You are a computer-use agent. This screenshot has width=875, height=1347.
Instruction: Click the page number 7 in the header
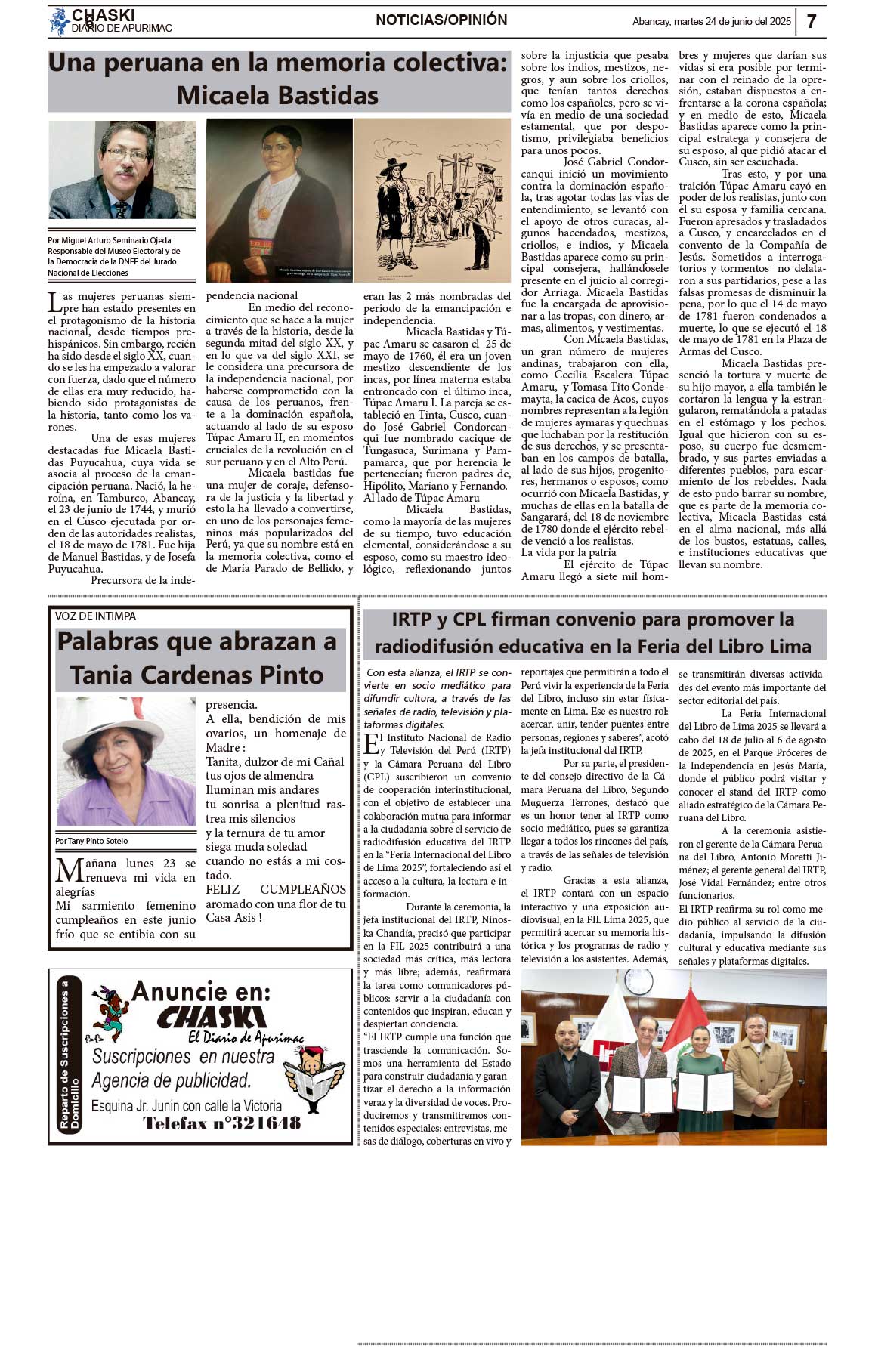812,21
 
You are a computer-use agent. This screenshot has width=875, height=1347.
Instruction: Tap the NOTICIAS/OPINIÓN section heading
441,20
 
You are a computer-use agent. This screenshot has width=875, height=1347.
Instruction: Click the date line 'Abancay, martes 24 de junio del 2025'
711,22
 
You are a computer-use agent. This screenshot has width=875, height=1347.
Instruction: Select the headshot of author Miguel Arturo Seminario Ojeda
122,169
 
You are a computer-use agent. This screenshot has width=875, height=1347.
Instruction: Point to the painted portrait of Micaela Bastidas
279,200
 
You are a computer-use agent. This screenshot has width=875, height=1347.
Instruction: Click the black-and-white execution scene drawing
432,200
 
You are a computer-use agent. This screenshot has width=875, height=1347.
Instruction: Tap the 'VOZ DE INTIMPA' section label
95,616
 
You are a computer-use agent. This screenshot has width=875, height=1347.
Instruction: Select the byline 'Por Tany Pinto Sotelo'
91,841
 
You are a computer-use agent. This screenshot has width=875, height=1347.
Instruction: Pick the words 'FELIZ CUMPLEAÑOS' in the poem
276,889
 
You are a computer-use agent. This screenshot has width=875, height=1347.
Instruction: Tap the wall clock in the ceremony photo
638,981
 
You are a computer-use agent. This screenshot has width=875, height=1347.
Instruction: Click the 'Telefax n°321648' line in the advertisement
221,1123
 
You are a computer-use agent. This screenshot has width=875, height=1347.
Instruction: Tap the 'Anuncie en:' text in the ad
201,991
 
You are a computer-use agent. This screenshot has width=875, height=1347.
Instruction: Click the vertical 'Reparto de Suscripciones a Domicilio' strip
69,1056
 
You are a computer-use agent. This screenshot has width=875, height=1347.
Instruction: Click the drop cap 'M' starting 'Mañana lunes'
70,870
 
